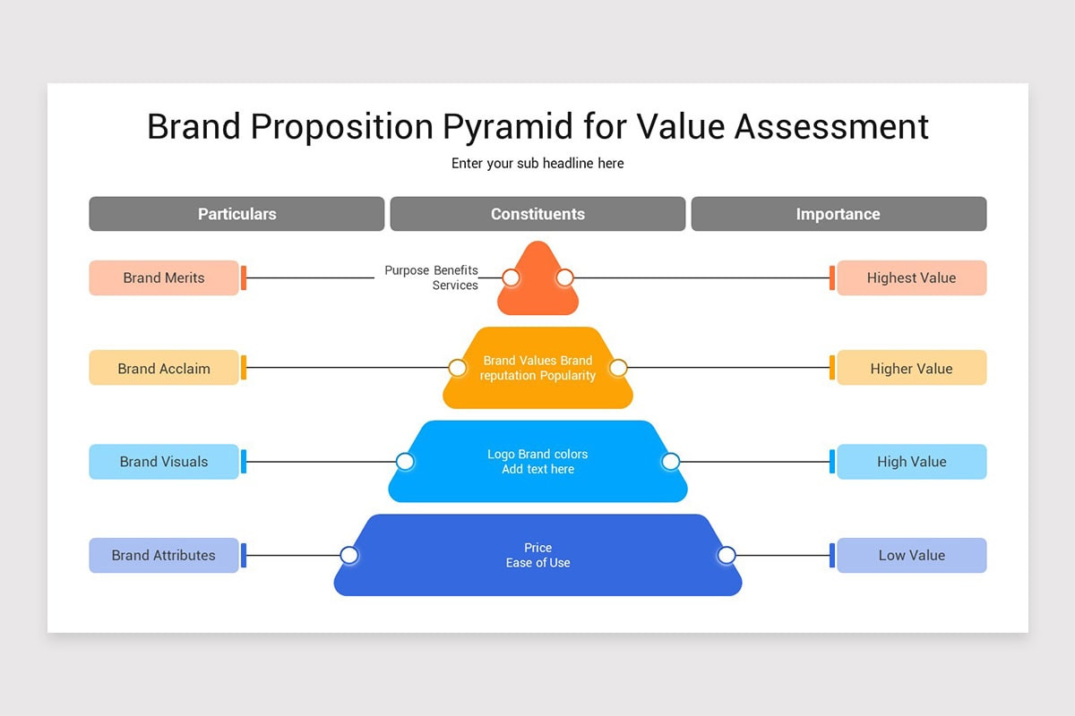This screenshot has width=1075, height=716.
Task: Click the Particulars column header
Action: pyautogui.click(x=236, y=214)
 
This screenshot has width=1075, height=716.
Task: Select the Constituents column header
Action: pyautogui.click(x=537, y=214)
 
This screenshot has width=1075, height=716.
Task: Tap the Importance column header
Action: pyautogui.click(x=838, y=214)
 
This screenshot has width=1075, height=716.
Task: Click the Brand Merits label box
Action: pyautogui.click(x=164, y=277)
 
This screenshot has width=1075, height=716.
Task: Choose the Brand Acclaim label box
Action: pyautogui.click(x=164, y=368)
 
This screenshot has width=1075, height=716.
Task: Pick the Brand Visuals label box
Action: pyautogui.click(x=164, y=462)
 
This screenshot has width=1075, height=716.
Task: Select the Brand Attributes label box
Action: pyautogui.click(x=164, y=555)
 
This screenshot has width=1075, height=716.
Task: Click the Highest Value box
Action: pyautogui.click(x=911, y=277)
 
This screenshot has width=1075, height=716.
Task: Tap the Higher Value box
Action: pyautogui.click(x=911, y=368)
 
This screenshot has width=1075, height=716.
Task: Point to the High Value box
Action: pyautogui.click(x=911, y=462)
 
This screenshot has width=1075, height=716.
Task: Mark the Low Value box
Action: pyautogui.click(x=911, y=555)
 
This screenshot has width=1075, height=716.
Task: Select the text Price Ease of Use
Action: pyautogui.click(x=537, y=555)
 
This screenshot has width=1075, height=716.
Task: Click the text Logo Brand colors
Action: pyautogui.click(x=537, y=455)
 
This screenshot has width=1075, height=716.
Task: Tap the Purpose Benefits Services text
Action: pyautogui.click(x=432, y=277)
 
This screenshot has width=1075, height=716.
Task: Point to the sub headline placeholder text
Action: pyautogui.click(x=537, y=163)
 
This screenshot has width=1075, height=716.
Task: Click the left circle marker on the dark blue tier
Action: pyautogui.click(x=349, y=555)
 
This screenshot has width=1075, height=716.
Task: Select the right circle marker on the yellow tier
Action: pyautogui.click(x=618, y=368)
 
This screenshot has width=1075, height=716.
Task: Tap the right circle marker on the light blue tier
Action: pyautogui.click(x=670, y=462)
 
